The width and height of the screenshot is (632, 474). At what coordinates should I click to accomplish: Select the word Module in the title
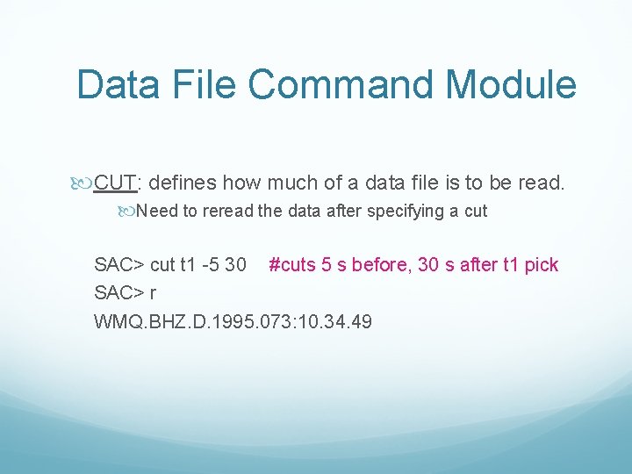pyautogui.click(x=511, y=84)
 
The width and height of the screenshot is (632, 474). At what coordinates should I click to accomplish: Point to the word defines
pyautogui.click(x=183, y=183)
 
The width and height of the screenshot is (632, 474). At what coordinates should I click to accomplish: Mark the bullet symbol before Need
pyautogui.click(x=127, y=212)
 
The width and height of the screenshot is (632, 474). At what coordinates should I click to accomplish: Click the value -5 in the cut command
pyautogui.click(x=212, y=264)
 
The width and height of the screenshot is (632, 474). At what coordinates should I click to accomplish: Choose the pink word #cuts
pyautogui.click(x=294, y=264)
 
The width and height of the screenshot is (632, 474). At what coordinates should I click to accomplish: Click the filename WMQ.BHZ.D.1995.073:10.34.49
pyautogui.click(x=233, y=321)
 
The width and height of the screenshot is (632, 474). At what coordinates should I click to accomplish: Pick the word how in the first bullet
pyautogui.click(x=241, y=183)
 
